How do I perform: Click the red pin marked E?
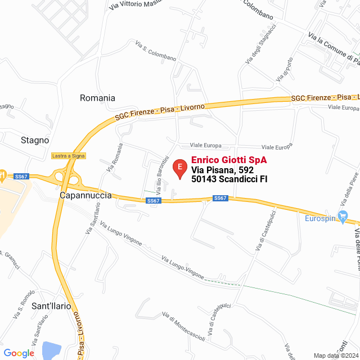pos(179,168)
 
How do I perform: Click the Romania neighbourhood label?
pos(97,98)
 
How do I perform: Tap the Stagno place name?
pos(35,140)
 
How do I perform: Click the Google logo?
pos(19,353)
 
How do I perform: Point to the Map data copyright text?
pos(335,355)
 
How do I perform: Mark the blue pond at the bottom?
pos(51,350)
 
